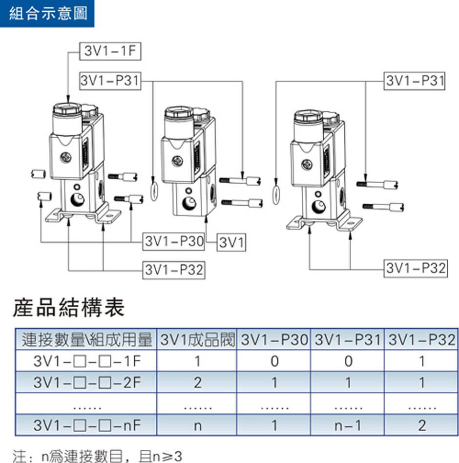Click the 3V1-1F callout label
(110, 52)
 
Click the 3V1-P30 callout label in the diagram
(174, 241)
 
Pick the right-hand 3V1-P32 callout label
(416, 268)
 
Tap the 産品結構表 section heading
(69, 308)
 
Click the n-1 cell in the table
(348, 425)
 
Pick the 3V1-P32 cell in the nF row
(422, 425)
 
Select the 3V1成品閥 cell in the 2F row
(197, 382)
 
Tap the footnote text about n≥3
(97, 456)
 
